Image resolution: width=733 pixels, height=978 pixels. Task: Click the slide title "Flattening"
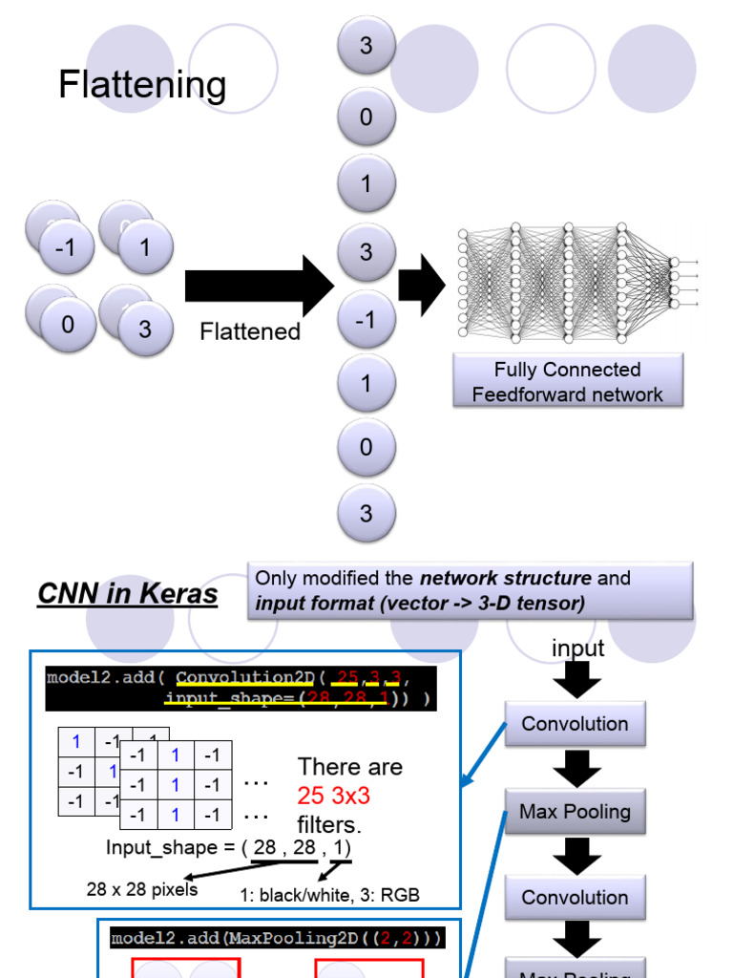pyautogui.click(x=142, y=85)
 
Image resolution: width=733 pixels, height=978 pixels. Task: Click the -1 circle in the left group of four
pyautogui.click(x=66, y=247)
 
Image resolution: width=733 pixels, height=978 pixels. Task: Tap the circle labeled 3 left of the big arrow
pyautogui.click(x=145, y=329)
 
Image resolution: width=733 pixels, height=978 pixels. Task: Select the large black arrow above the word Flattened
pyautogui.click(x=258, y=286)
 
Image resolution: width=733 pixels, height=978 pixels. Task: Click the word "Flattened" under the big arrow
pyautogui.click(x=250, y=331)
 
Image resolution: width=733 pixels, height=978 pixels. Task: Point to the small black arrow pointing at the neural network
pyautogui.click(x=421, y=285)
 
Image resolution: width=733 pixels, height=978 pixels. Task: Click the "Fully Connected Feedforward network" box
pyautogui.click(x=567, y=382)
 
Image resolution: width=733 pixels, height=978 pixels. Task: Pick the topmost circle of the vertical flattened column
pyautogui.click(x=366, y=45)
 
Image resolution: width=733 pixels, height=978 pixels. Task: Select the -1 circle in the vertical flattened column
pyautogui.click(x=366, y=320)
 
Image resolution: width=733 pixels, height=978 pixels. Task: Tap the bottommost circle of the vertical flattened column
pyautogui.click(x=366, y=513)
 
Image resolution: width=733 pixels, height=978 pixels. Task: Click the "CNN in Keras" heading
pyautogui.click(x=127, y=594)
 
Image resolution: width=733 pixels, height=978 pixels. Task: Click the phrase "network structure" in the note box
pyautogui.click(x=505, y=578)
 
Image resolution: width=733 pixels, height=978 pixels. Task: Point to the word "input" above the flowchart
pyautogui.click(x=577, y=648)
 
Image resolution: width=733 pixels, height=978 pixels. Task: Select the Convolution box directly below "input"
pyautogui.click(x=575, y=723)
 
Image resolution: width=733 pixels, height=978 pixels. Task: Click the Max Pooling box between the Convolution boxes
pyautogui.click(x=575, y=812)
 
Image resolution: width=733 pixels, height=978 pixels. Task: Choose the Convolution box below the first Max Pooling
pyautogui.click(x=575, y=898)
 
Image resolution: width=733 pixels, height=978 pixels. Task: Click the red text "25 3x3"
pyautogui.click(x=333, y=795)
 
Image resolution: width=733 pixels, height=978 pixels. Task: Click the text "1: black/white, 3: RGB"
pyautogui.click(x=329, y=895)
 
